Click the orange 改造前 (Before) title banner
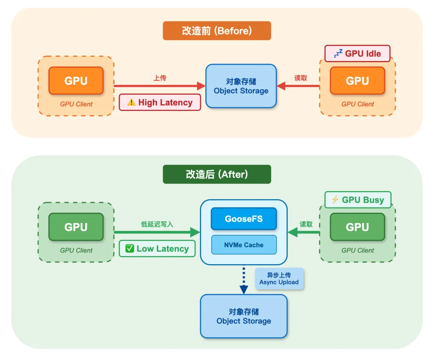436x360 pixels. click(217, 31)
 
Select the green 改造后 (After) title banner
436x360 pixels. click(217, 174)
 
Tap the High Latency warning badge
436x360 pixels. click(160, 102)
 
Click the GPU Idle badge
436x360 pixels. click(357, 53)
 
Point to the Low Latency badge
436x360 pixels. click(157, 248)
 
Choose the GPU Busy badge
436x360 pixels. click(358, 200)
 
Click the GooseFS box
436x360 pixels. click(243, 219)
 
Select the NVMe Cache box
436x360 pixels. click(243, 245)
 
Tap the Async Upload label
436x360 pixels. click(279, 279)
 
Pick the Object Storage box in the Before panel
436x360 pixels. click(241, 86)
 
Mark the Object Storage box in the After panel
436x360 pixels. click(243, 316)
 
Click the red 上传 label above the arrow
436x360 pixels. click(159, 78)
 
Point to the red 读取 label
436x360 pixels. click(300, 78)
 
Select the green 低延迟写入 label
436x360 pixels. click(157, 224)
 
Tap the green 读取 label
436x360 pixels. click(306, 224)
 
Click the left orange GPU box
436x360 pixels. click(76, 80)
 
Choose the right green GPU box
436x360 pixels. click(357, 227)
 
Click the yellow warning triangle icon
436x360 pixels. click(131, 102)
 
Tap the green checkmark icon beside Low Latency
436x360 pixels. click(130, 248)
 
